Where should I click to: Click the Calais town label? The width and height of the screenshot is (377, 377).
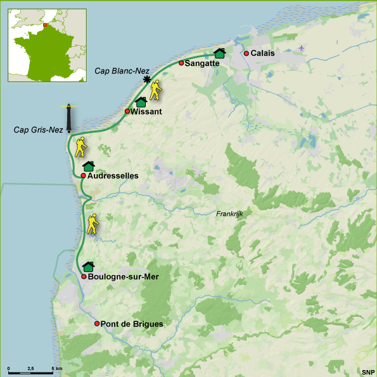click(263, 53)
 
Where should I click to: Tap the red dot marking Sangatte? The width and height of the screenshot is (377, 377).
click(181, 63)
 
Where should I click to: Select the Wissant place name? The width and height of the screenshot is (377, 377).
click(147, 112)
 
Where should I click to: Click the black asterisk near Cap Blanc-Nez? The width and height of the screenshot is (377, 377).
click(147, 79)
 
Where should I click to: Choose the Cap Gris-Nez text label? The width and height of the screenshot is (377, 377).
click(39, 130)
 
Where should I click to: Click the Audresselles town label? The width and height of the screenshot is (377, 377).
click(113, 176)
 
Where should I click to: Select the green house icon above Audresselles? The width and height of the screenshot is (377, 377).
click(89, 165)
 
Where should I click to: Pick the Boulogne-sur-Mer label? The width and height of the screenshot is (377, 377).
click(124, 277)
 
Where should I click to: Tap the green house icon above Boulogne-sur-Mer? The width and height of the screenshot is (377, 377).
click(89, 266)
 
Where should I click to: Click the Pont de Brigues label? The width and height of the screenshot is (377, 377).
click(132, 324)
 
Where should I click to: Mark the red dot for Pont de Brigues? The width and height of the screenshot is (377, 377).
click(97, 324)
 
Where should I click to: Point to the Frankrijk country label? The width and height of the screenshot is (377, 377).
click(229, 214)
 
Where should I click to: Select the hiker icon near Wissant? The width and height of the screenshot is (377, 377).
click(155, 91)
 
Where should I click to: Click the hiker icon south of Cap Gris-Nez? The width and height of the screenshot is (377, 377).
click(80, 147)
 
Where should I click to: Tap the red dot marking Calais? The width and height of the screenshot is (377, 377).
click(246, 53)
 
